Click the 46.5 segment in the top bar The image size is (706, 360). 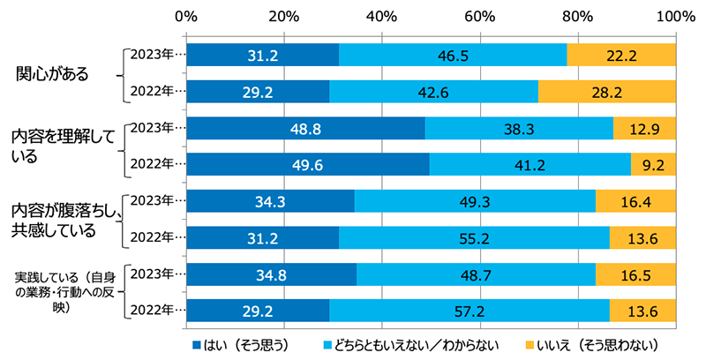click(453, 55)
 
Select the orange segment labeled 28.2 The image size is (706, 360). click(607, 91)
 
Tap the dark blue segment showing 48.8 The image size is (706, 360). click(305, 128)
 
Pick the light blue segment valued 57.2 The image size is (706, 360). click(469, 311)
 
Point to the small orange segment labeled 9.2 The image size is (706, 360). click(653, 164)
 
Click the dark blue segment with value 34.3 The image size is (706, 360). click(270, 201)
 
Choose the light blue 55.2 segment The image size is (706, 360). click(474, 237)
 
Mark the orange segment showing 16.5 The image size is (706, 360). click(635, 274)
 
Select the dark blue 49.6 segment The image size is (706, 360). click(307, 164)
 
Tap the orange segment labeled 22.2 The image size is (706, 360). click(621, 55)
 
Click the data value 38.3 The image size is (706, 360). click(519, 128)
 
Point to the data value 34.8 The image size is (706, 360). click(272, 274)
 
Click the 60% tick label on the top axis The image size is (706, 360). click(479, 15)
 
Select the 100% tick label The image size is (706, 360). click(676, 15)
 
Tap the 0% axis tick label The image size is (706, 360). click(186, 15)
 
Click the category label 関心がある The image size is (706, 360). click(53, 73)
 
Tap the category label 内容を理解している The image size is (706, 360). click(62, 146)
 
